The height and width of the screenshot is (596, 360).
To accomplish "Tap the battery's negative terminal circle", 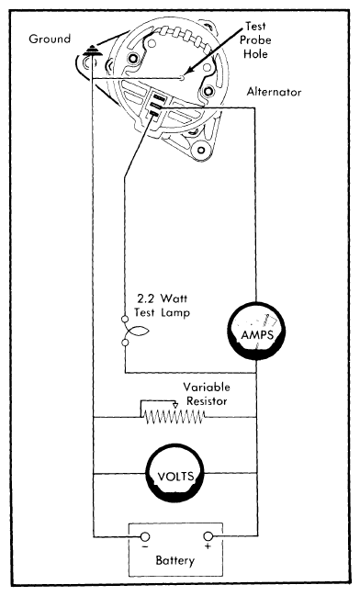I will [x=142, y=537].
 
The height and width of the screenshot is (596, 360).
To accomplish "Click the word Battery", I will [x=177, y=561].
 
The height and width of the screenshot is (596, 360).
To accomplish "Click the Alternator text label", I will [x=282, y=94].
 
